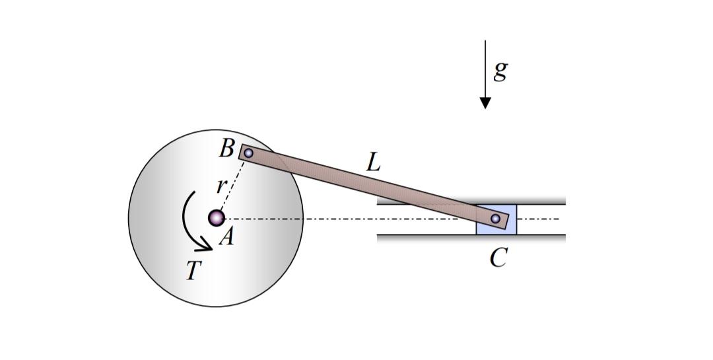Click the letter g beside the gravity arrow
(500, 70)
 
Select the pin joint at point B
(248, 153)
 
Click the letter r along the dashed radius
(221, 186)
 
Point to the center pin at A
(216, 217)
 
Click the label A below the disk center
(226, 237)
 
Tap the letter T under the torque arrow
(192, 270)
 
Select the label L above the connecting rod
(374, 162)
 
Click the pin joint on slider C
(495, 219)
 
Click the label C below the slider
(498, 258)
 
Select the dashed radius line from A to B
(232, 185)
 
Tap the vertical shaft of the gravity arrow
(485, 66)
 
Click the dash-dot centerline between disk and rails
(343, 219)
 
